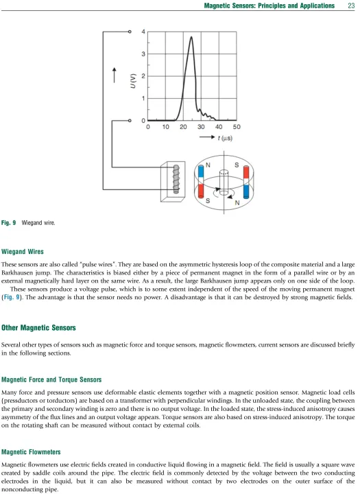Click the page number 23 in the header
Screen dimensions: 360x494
pyautogui.click(x=351, y=5)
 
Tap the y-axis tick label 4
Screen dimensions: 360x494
pyautogui.click(x=143, y=32)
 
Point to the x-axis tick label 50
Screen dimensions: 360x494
pyautogui.click(x=237, y=127)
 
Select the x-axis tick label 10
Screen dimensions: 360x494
pyautogui.click(x=166, y=127)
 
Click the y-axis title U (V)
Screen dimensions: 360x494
pyautogui.click(x=133, y=81)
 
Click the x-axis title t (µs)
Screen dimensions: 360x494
pyautogui.click(x=225, y=138)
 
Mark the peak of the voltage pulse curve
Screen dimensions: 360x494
pyautogui.click(x=191, y=37)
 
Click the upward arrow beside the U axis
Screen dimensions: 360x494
pyautogui.click(x=115, y=75)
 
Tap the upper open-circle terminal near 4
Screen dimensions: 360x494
pyautogui.click(x=130, y=32)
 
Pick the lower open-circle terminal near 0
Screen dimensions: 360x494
pyautogui.click(x=130, y=120)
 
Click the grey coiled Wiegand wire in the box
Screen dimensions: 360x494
pyautogui.click(x=176, y=179)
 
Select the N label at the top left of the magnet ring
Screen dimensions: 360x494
pyautogui.click(x=208, y=165)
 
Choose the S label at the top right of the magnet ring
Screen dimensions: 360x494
pyautogui.click(x=237, y=165)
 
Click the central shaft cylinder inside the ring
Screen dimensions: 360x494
pyautogui.click(x=224, y=183)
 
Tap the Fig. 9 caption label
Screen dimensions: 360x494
pyautogui.click(x=8, y=223)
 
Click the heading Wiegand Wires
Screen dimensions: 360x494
pyautogui.click(x=23, y=251)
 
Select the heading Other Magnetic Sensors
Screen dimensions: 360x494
pyautogui.click(x=38, y=328)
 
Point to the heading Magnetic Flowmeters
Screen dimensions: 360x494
pyautogui.click(x=31, y=451)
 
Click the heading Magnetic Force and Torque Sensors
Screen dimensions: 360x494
pyautogui.click(x=51, y=379)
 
